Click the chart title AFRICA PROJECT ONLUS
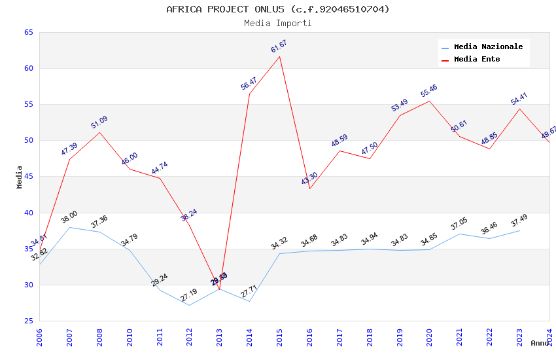click(278, 9)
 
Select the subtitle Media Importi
click(278, 24)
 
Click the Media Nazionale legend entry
click(488, 47)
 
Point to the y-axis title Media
click(19, 177)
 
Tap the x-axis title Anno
click(540, 343)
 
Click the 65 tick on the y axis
click(29, 32)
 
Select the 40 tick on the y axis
click(29, 213)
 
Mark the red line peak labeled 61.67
click(280, 56)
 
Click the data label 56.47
click(249, 83)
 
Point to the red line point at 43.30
click(309, 189)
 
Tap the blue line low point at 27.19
click(190, 305)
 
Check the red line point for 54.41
click(519, 109)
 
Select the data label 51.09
click(99, 122)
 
